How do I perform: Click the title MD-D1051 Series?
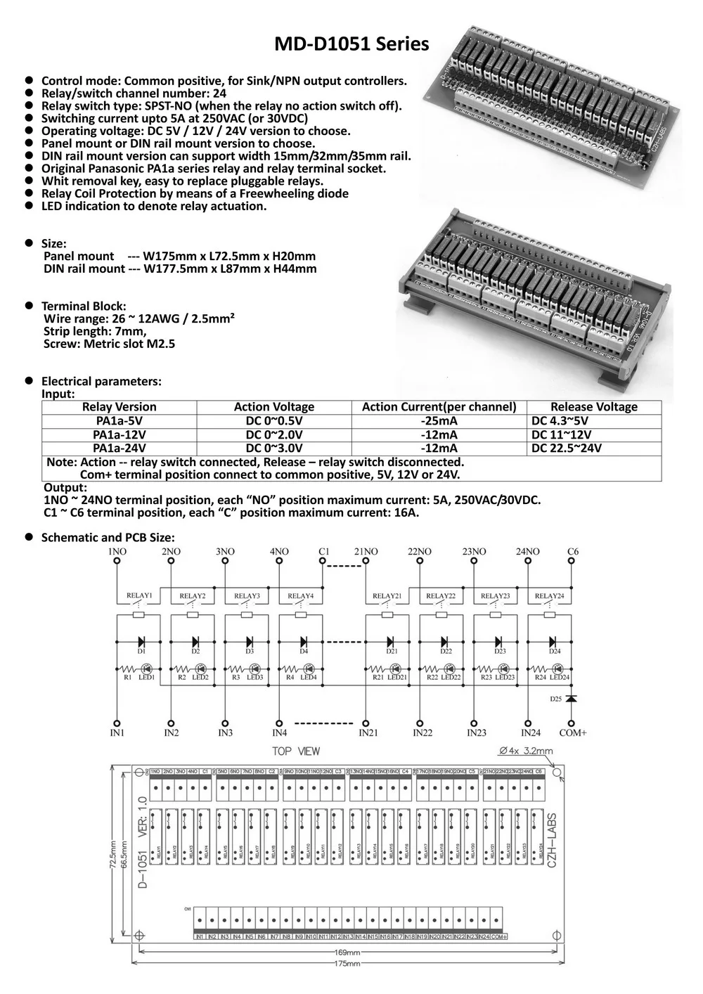pyautogui.click(x=351, y=44)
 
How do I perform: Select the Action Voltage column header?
pyautogui.click(x=273, y=407)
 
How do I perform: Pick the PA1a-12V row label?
pyautogui.click(x=119, y=435)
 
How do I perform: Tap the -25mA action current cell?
pyautogui.click(x=439, y=421)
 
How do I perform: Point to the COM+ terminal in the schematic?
pyautogui.click(x=572, y=732)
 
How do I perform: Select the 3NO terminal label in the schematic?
pyautogui.click(x=225, y=552)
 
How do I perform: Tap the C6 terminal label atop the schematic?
pyautogui.click(x=572, y=552)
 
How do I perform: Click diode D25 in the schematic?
pyautogui.click(x=571, y=699)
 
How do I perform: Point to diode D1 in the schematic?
pyautogui.click(x=141, y=641)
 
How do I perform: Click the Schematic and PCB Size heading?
pyautogui.click(x=108, y=538)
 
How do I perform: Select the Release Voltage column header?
pyautogui.click(x=593, y=407)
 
